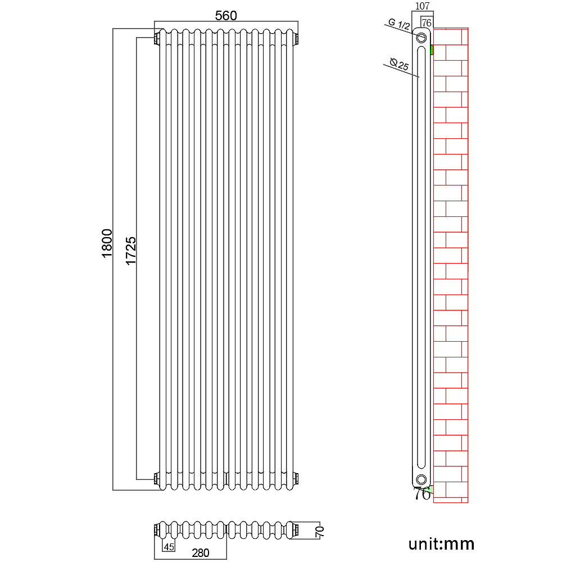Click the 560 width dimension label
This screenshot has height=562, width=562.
click(x=226, y=15)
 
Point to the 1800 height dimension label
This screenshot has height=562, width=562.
click(x=107, y=243)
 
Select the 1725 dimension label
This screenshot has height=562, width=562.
click(x=131, y=251)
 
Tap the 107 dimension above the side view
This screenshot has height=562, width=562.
click(x=422, y=6)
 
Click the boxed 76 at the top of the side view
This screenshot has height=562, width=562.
click(x=426, y=22)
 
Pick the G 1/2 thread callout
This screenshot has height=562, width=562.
click(x=399, y=24)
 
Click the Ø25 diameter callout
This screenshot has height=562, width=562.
click(x=399, y=65)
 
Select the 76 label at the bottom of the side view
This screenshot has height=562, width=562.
click(x=422, y=493)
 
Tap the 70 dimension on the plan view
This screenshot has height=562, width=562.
click(x=319, y=531)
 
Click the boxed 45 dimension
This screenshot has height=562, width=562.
click(x=169, y=547)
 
